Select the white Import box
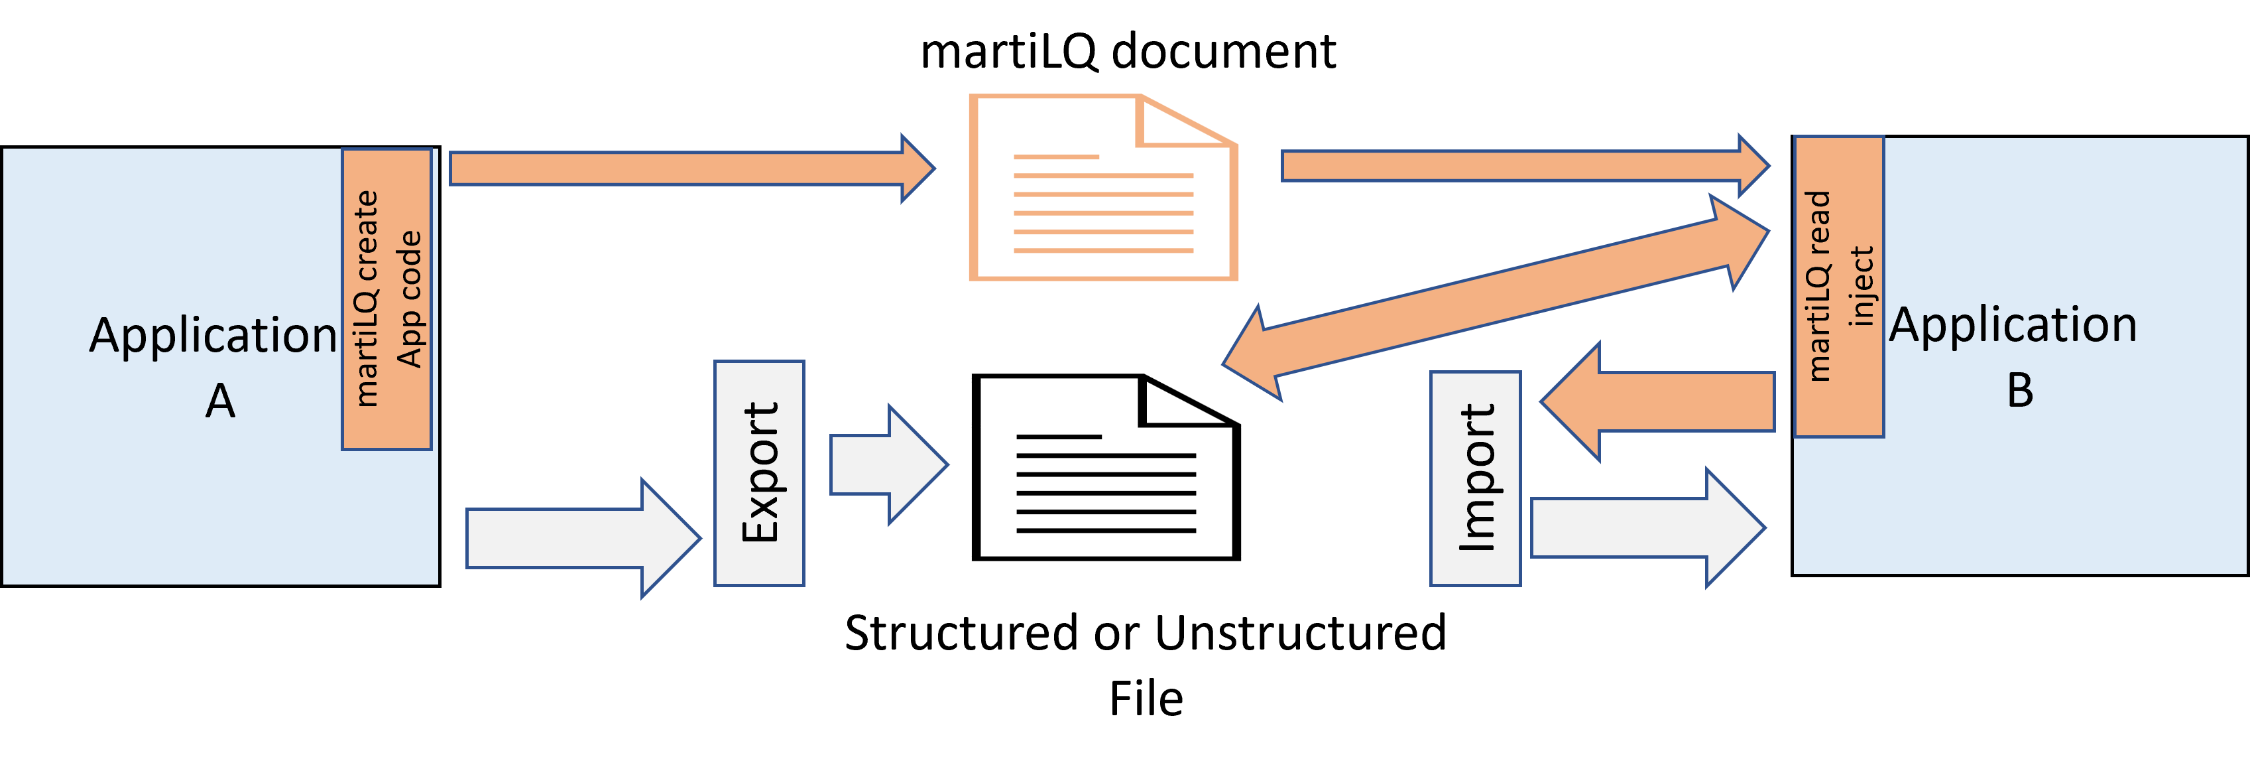click(1475, 478)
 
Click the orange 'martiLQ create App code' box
click(386, 299)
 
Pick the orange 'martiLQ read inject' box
click(1838, 287)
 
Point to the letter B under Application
click(2019, 391)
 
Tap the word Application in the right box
click(2013, 326)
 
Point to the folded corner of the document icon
click(1175, 122)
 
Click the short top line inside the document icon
click(1056, 157)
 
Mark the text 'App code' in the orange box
click(409, 299)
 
